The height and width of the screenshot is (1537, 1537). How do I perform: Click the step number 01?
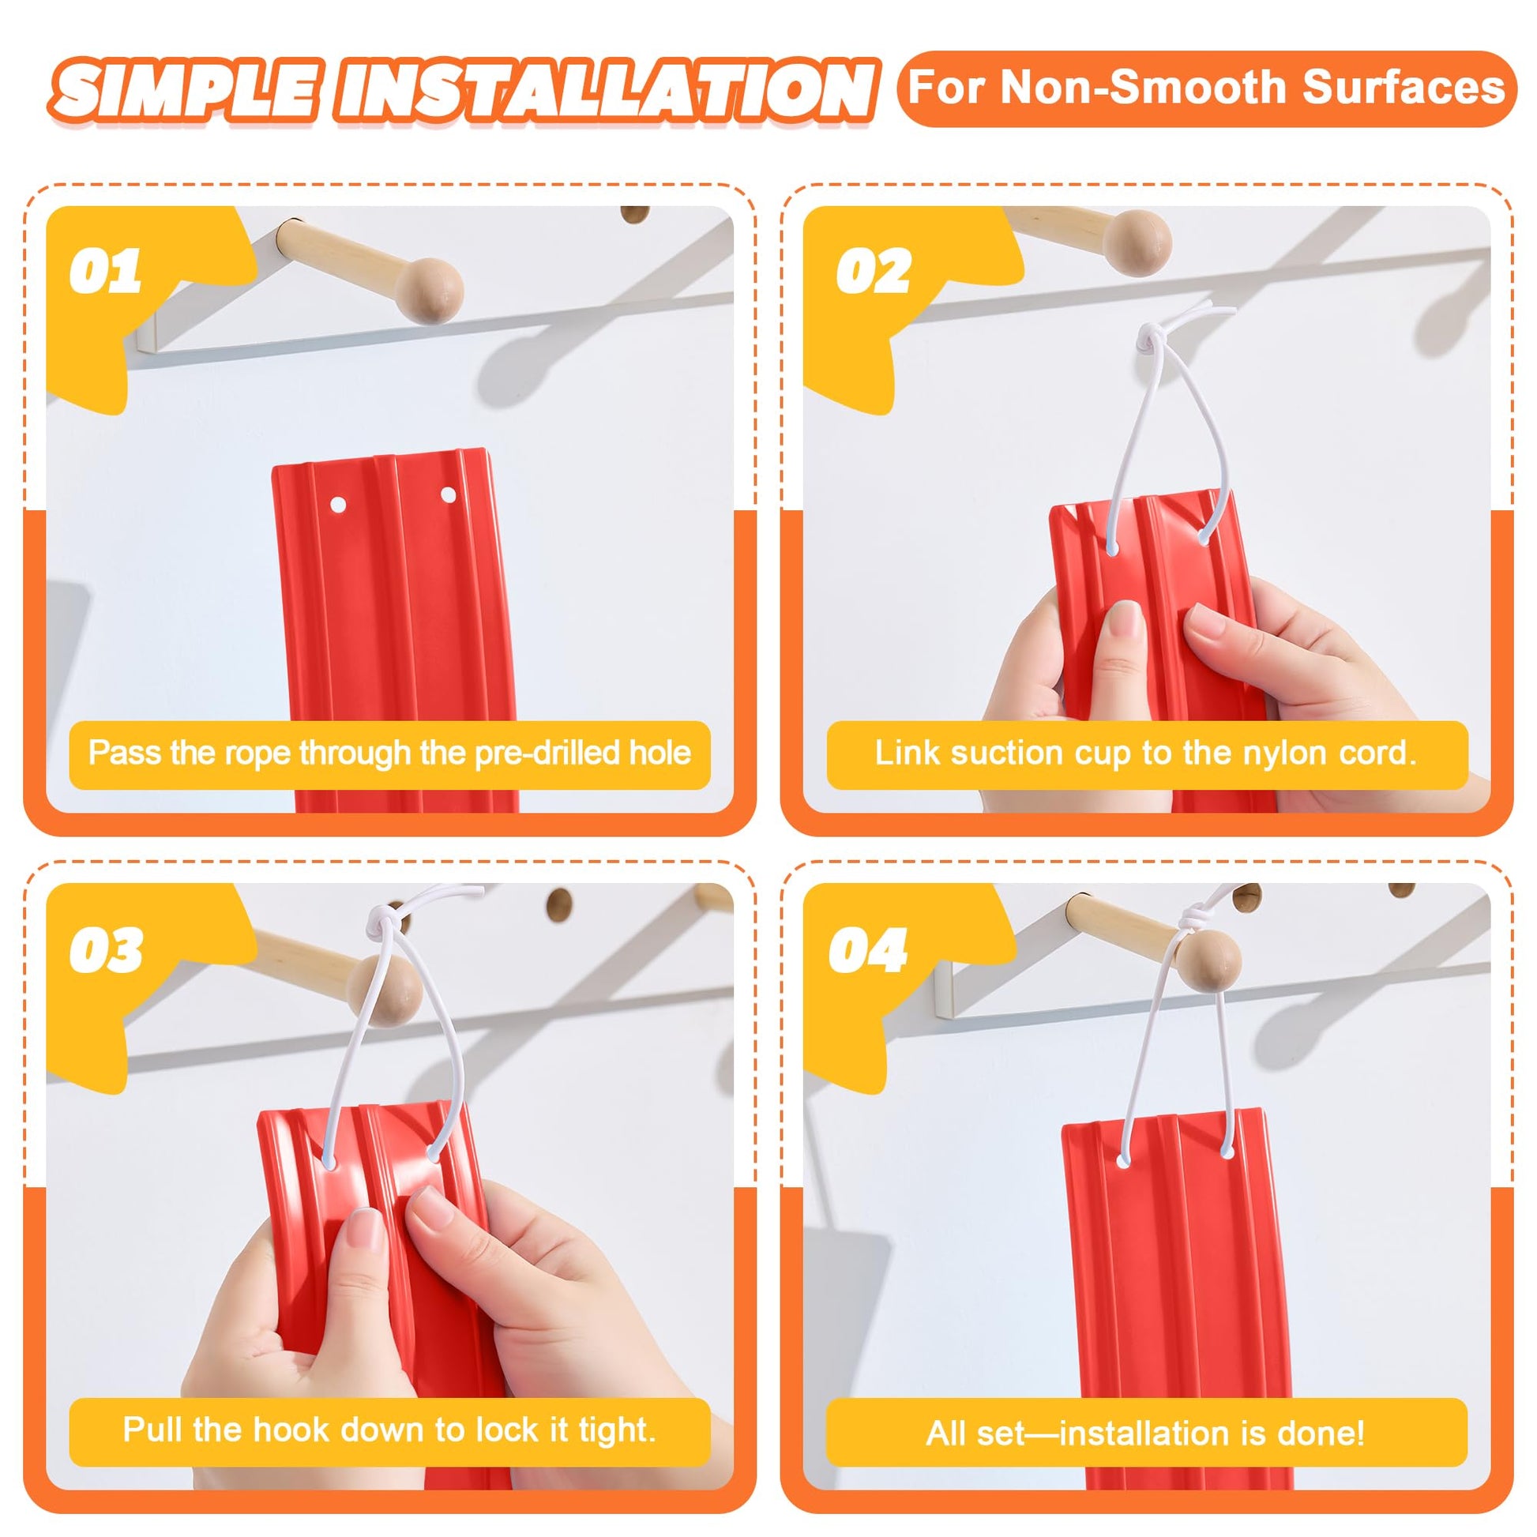105,272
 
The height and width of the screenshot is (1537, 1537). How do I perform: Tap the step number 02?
873,272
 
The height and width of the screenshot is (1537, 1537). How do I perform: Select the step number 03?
106,950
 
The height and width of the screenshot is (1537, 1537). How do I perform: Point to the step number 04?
868,950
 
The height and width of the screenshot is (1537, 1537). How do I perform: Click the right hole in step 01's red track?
449,496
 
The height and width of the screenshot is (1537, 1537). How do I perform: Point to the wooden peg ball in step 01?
430,290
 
